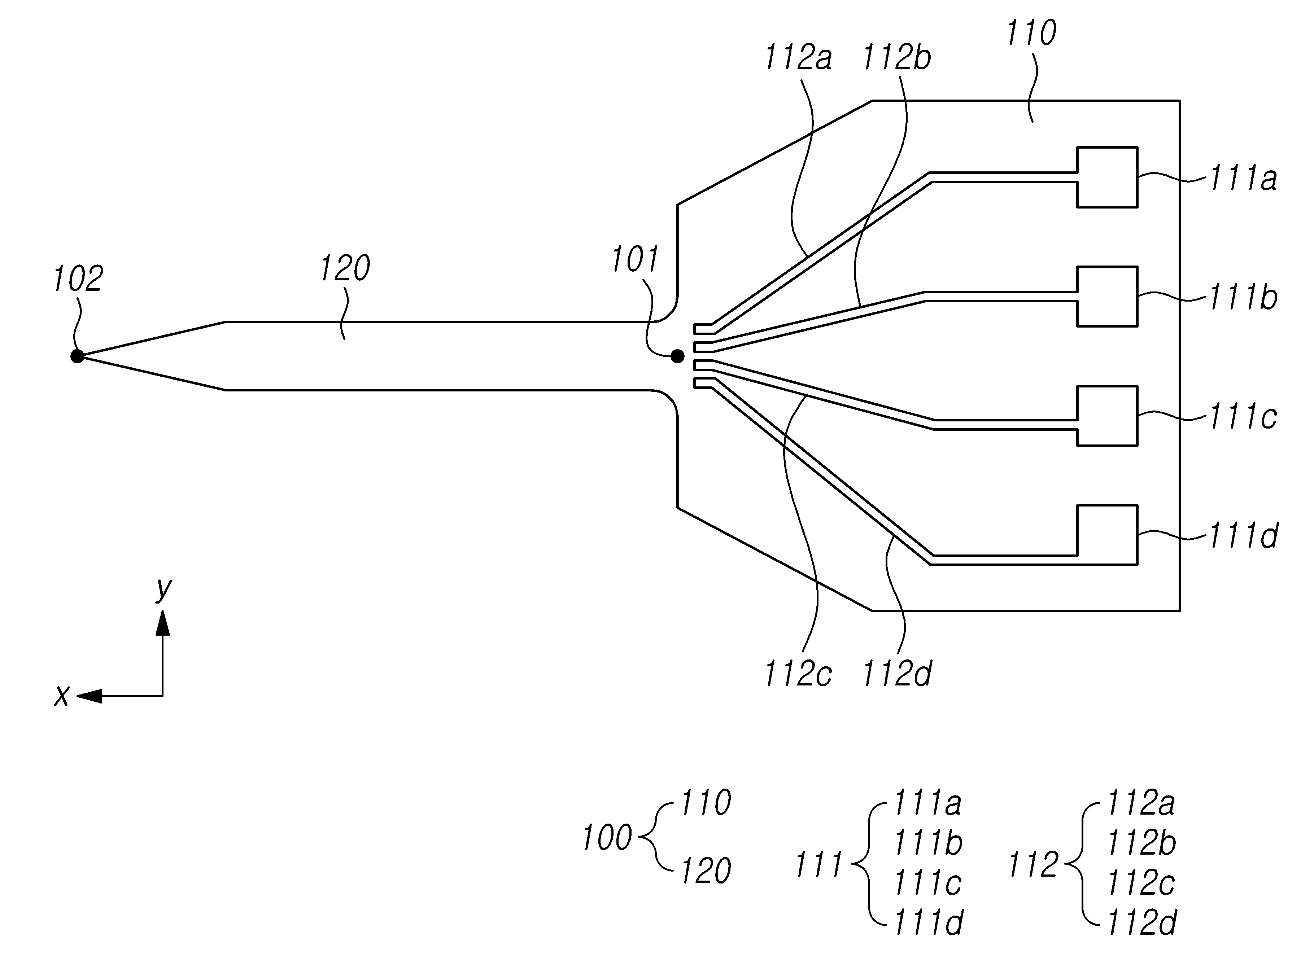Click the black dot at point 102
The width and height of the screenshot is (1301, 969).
click(x=77, y=356)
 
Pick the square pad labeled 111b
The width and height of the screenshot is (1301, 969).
click(x=1107, y=296)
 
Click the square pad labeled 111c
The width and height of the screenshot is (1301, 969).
click(x=1107, y=416)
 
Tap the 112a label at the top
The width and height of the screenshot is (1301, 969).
click(x=798, y=58)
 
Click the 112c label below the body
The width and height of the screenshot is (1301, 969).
click(x=798, y=674)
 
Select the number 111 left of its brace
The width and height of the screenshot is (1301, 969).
click(x=818, y=865)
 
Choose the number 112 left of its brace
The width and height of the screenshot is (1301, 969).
click(x=1033, y=865)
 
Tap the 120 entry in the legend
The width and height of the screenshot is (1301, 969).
click(x=706, y=871)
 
